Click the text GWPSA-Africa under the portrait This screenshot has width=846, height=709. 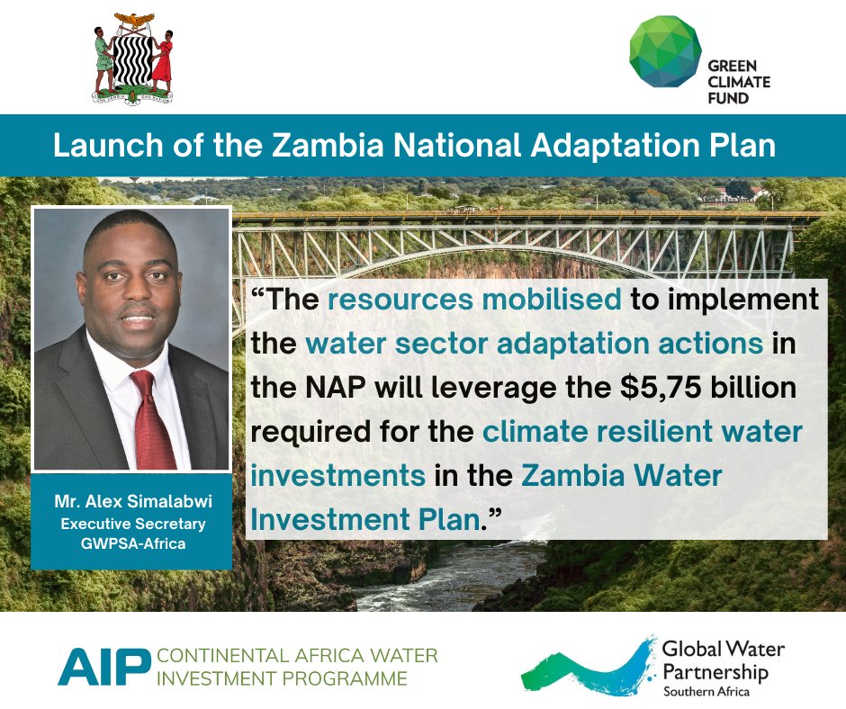click(131, 544)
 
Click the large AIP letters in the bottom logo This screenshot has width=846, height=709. click(103, 666)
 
